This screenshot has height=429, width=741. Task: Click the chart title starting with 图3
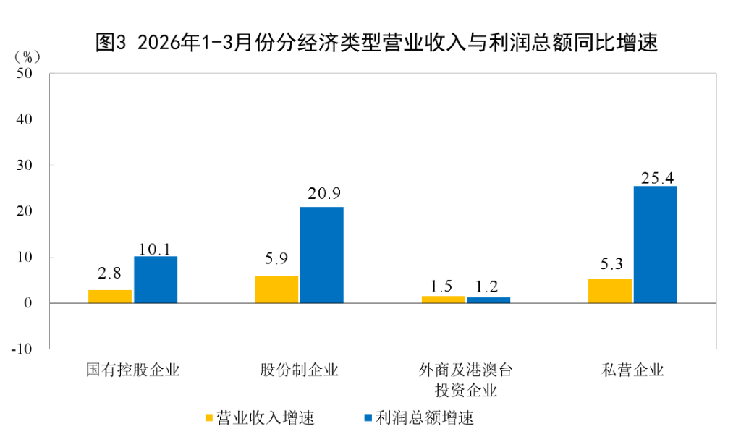376,42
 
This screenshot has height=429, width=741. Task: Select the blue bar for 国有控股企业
156,279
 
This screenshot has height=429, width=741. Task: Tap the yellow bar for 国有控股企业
110,296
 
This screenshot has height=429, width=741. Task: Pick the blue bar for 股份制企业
322,255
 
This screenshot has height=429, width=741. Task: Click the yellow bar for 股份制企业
276,289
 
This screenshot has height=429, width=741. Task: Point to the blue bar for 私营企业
655,245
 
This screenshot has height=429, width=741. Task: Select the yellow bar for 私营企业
609,290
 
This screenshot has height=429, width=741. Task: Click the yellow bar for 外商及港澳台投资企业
443,299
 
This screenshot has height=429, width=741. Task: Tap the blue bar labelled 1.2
488,300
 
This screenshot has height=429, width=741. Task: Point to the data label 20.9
322,194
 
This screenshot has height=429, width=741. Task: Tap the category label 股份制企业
300,371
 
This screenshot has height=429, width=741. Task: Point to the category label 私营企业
632,371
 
